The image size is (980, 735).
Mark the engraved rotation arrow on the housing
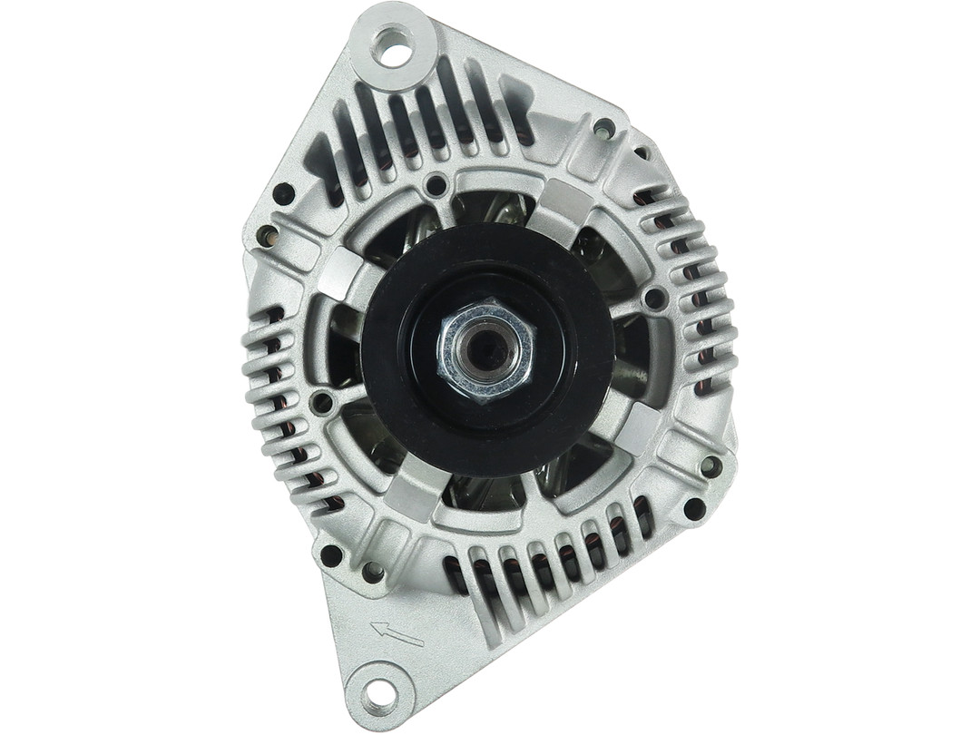397,632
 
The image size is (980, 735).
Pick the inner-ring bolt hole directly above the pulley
436,187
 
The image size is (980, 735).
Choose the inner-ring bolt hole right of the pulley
654,298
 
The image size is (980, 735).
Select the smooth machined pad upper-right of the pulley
567,201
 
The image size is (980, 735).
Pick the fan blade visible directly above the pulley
490,208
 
